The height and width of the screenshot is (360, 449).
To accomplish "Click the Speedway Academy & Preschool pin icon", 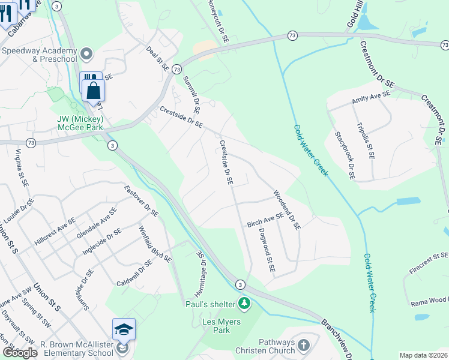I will tap(88, 54).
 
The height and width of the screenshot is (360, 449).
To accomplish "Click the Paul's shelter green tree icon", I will tap(244, 303).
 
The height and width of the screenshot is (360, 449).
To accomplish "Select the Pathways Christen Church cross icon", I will tap(303, 346).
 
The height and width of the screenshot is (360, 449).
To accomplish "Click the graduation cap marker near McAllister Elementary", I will tap(124, 329).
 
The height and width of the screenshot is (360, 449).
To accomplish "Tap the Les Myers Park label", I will tap(222, 326).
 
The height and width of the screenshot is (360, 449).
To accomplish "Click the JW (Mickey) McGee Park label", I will tap(80, 123).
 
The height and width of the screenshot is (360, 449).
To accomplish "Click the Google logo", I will tap(19, 353).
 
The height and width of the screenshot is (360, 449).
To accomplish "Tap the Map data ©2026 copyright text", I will tap(423, 355).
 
